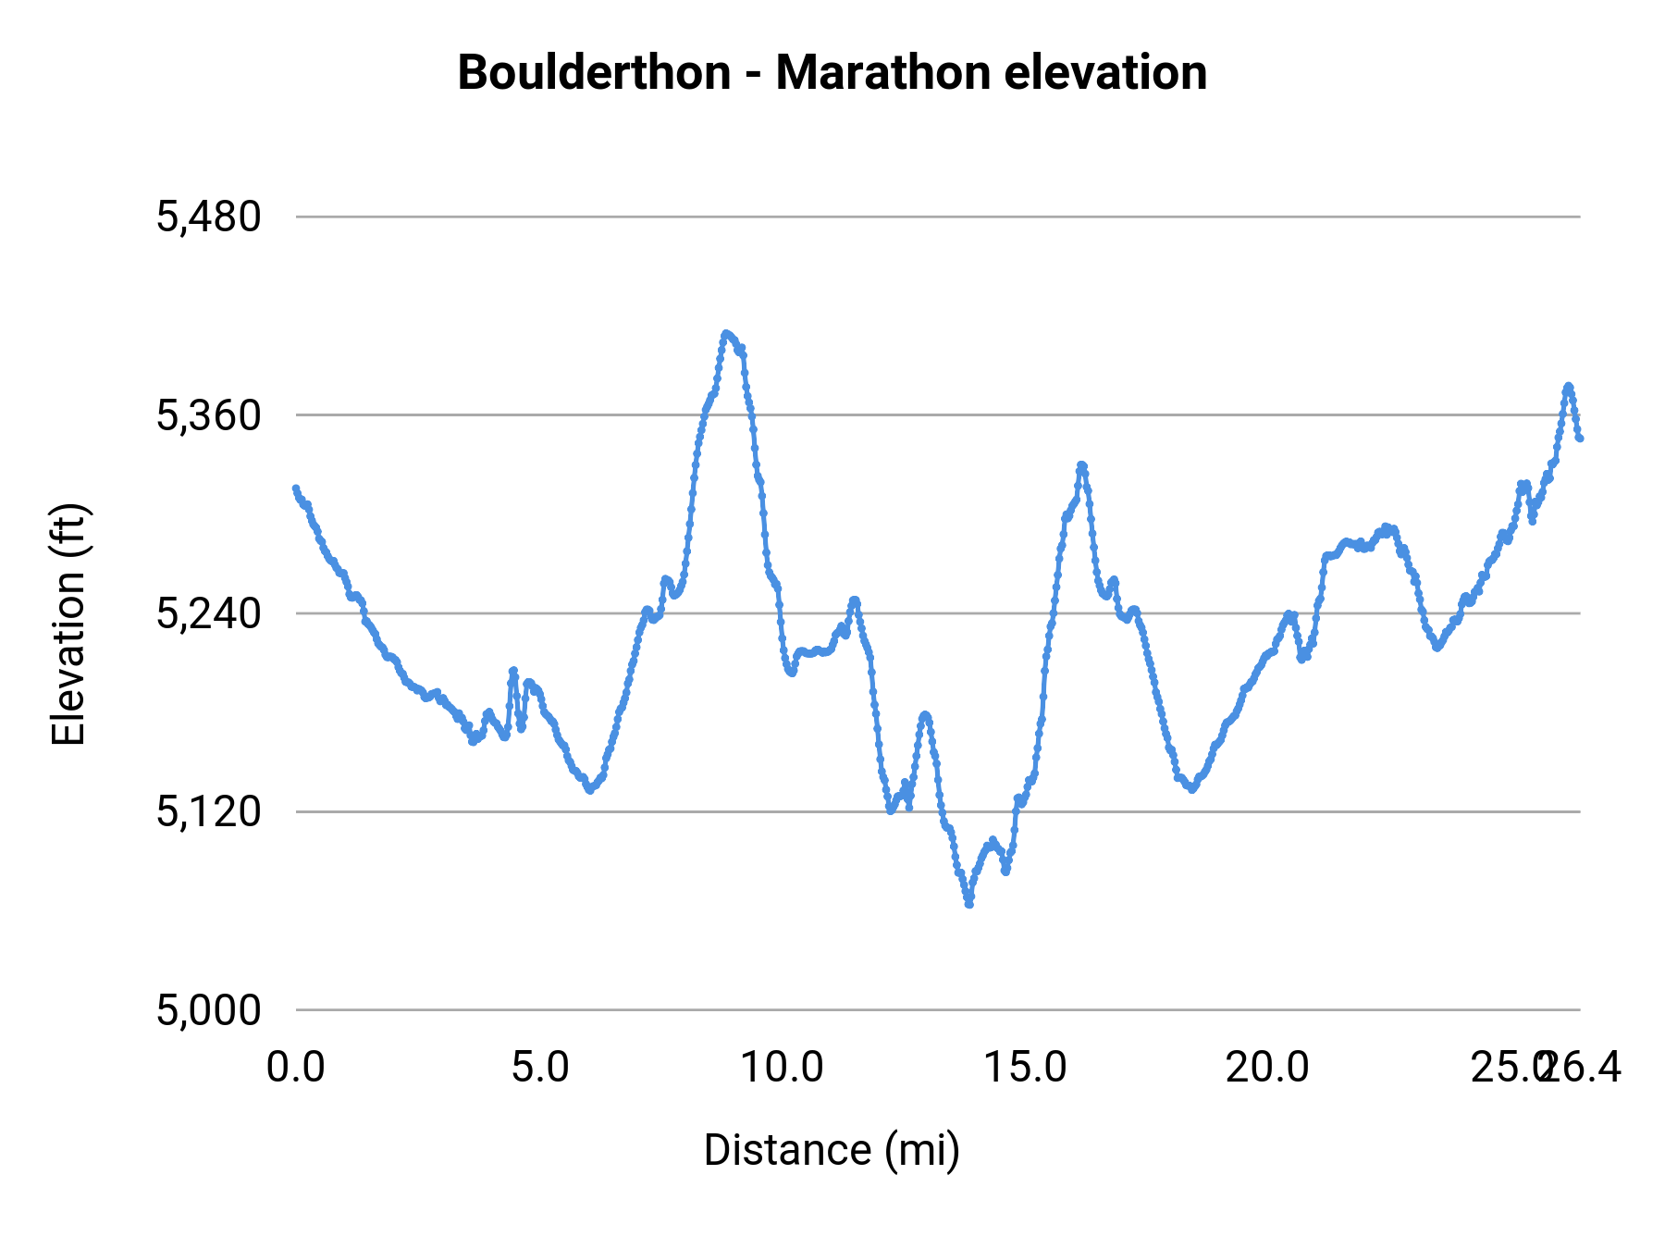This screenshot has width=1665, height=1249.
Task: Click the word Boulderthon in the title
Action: [594, 73]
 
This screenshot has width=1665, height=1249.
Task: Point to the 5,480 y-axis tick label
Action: [209, 217]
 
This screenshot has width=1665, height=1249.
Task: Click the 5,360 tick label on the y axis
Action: [209, 415]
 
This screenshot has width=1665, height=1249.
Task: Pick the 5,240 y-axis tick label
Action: [209, 613]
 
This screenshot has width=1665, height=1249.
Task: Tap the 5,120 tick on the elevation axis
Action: [209, 811]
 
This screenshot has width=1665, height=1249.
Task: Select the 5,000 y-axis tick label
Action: [209, 1009]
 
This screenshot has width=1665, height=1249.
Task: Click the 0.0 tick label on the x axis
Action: [296, 1068]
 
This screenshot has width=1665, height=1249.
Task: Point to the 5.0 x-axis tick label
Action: [540, 1068]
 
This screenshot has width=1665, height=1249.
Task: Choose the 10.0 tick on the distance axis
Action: [783, 1068]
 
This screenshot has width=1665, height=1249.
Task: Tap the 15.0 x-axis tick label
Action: [1025, 1068]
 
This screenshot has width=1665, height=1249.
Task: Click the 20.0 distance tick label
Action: [1267, 1068]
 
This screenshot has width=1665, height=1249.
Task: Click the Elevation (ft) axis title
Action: [68, 624]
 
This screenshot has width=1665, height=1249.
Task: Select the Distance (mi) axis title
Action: [832, 1150]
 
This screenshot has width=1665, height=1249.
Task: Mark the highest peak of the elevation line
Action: [726, 333]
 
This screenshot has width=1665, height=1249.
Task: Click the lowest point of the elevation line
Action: [968, 904]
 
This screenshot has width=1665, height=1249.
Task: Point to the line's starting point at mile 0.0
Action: [296, 488]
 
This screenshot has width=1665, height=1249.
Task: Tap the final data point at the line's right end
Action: [1580, 438]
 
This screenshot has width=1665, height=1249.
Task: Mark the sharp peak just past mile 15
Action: [1080, 465]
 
